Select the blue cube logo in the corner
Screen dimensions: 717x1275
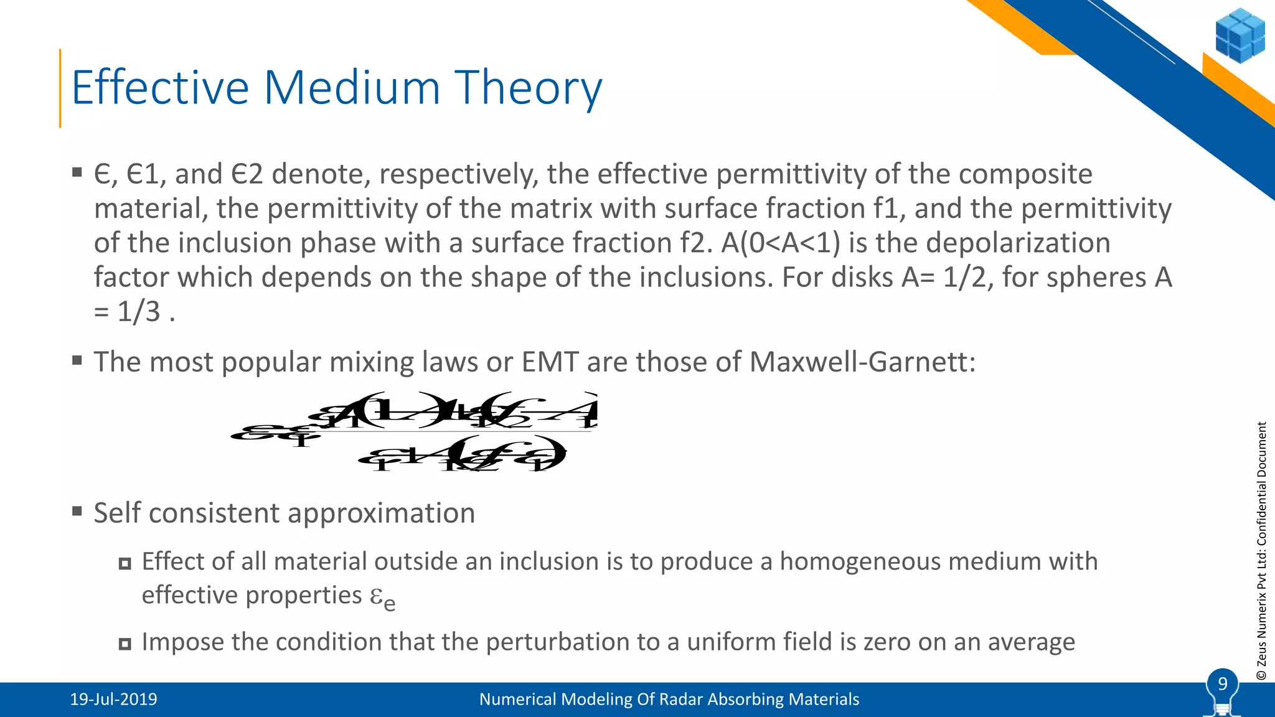click(x=1240, y=35)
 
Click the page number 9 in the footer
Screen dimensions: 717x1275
click(x=1222, y=684)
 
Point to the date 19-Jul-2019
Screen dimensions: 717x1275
click(x=113, y=700)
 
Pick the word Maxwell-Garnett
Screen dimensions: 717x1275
click(x=862, y=362)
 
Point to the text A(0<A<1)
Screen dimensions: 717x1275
click(x=781, y=243)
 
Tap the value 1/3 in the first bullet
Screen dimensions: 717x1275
click(x=139, y=311)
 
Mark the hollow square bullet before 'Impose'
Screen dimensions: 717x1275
click(x=125, y=644)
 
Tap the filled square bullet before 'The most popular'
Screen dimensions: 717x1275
click(x=77, y=360)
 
